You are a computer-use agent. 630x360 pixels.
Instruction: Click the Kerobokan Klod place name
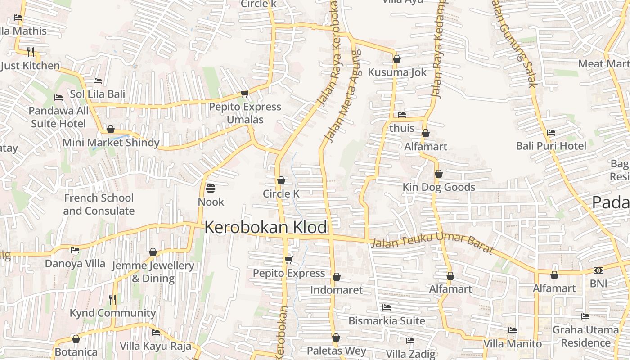(x=265, y=227)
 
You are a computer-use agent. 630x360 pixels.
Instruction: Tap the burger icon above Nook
(x=211, y=188)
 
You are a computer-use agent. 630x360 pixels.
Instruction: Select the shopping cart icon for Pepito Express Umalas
(x=244, y=94)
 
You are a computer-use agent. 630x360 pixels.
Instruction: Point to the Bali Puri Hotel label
(x=551, y=146)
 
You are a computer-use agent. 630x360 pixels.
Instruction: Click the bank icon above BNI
(x=598, y=270)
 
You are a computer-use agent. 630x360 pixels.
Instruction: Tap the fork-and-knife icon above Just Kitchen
(x=31, y=52)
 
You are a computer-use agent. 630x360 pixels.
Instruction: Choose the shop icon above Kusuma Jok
(x=396, y=59)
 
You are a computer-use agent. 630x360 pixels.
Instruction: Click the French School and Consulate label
(x=99, y=204)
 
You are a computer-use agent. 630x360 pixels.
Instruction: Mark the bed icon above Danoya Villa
(x=75, y=250)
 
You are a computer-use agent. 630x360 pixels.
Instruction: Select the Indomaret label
(x=336, y=290)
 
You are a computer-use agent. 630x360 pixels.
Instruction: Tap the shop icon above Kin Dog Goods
(x=438, y=174)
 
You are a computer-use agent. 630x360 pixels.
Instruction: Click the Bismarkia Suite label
(x=387, y=321)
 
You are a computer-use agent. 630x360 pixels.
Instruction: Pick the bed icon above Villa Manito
(x=512, y=330)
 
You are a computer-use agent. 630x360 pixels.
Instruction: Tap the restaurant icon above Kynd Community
(x=112, y=299)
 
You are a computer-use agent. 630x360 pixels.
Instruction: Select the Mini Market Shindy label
(x=111, y=143)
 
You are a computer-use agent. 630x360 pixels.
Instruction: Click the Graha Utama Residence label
(x=585, y=336)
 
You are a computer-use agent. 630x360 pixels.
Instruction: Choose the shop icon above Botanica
(x=76, y=339)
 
